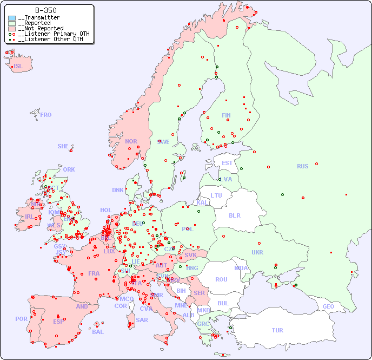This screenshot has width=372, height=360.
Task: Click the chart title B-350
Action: point(45,10)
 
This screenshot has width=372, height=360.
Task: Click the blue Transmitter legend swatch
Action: point(12,18)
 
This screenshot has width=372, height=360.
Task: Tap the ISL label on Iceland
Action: point(18,67)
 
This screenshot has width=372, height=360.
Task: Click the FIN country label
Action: point(226,115)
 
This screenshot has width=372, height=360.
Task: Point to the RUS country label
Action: point(302,166)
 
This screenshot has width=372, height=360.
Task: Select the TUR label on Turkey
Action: point(277,330)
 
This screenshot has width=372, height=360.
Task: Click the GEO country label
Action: point(328,306)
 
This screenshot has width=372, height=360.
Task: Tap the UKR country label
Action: point(257,252)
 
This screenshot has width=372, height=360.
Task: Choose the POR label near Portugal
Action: point(21,319)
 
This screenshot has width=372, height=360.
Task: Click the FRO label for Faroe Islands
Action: point(46,115)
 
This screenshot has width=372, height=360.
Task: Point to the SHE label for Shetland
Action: point(63,146)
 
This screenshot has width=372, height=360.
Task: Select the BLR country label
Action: point(235,215)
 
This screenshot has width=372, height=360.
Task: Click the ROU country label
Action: point(221,279)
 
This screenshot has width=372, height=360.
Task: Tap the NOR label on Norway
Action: point(131,141)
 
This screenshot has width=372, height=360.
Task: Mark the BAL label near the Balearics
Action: point(98,332)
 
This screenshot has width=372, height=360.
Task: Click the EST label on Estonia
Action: point(227,163)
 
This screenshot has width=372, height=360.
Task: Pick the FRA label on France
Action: point(94,273)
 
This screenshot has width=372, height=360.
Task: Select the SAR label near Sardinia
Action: point(142,320)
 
